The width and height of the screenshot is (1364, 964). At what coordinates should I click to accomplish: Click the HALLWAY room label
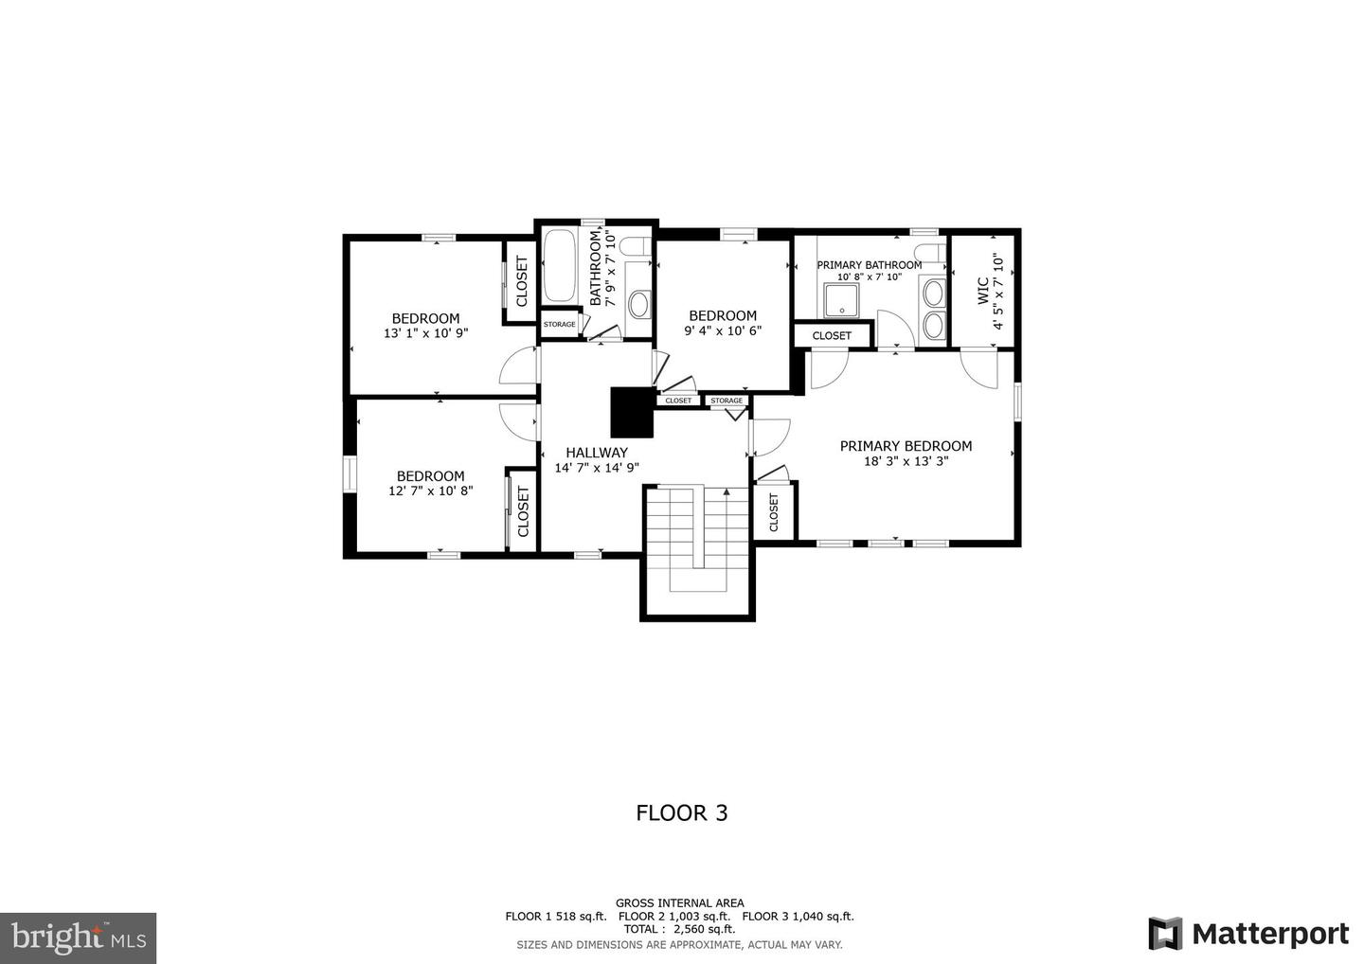[x=597, y=453]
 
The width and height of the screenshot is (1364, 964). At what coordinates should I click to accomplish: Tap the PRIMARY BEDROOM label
[x=906, y=446]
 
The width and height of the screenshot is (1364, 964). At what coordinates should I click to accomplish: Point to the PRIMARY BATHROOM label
[x=869, y=265]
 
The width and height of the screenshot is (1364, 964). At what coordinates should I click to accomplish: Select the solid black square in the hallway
[x=632, y=412]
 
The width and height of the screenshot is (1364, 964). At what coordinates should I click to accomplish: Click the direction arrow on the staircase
[x=727, y=492]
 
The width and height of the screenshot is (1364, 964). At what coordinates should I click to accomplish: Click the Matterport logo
[x=1248, y=934]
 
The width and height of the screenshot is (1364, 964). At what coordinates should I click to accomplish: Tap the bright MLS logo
[x=78, y=937]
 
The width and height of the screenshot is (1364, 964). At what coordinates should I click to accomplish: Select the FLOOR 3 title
[x=681, y=812]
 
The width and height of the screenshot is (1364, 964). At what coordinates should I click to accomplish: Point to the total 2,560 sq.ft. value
[x=704, y=929]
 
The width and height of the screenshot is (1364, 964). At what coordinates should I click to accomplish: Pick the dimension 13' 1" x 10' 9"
[x=425, y=333]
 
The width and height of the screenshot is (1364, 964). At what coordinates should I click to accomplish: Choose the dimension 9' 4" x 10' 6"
[x=723, y=330]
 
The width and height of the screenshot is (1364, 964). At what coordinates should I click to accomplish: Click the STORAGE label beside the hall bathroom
[x=559, y=325]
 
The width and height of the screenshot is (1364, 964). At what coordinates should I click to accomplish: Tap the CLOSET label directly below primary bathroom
[x=832, y=335]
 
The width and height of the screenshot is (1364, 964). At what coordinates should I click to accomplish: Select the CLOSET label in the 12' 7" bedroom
[x=522, y=511]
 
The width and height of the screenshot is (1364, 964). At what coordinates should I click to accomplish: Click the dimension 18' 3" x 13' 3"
[x=906, y=462]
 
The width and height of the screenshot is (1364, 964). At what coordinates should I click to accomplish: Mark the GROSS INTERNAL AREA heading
[x=679, y=902]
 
